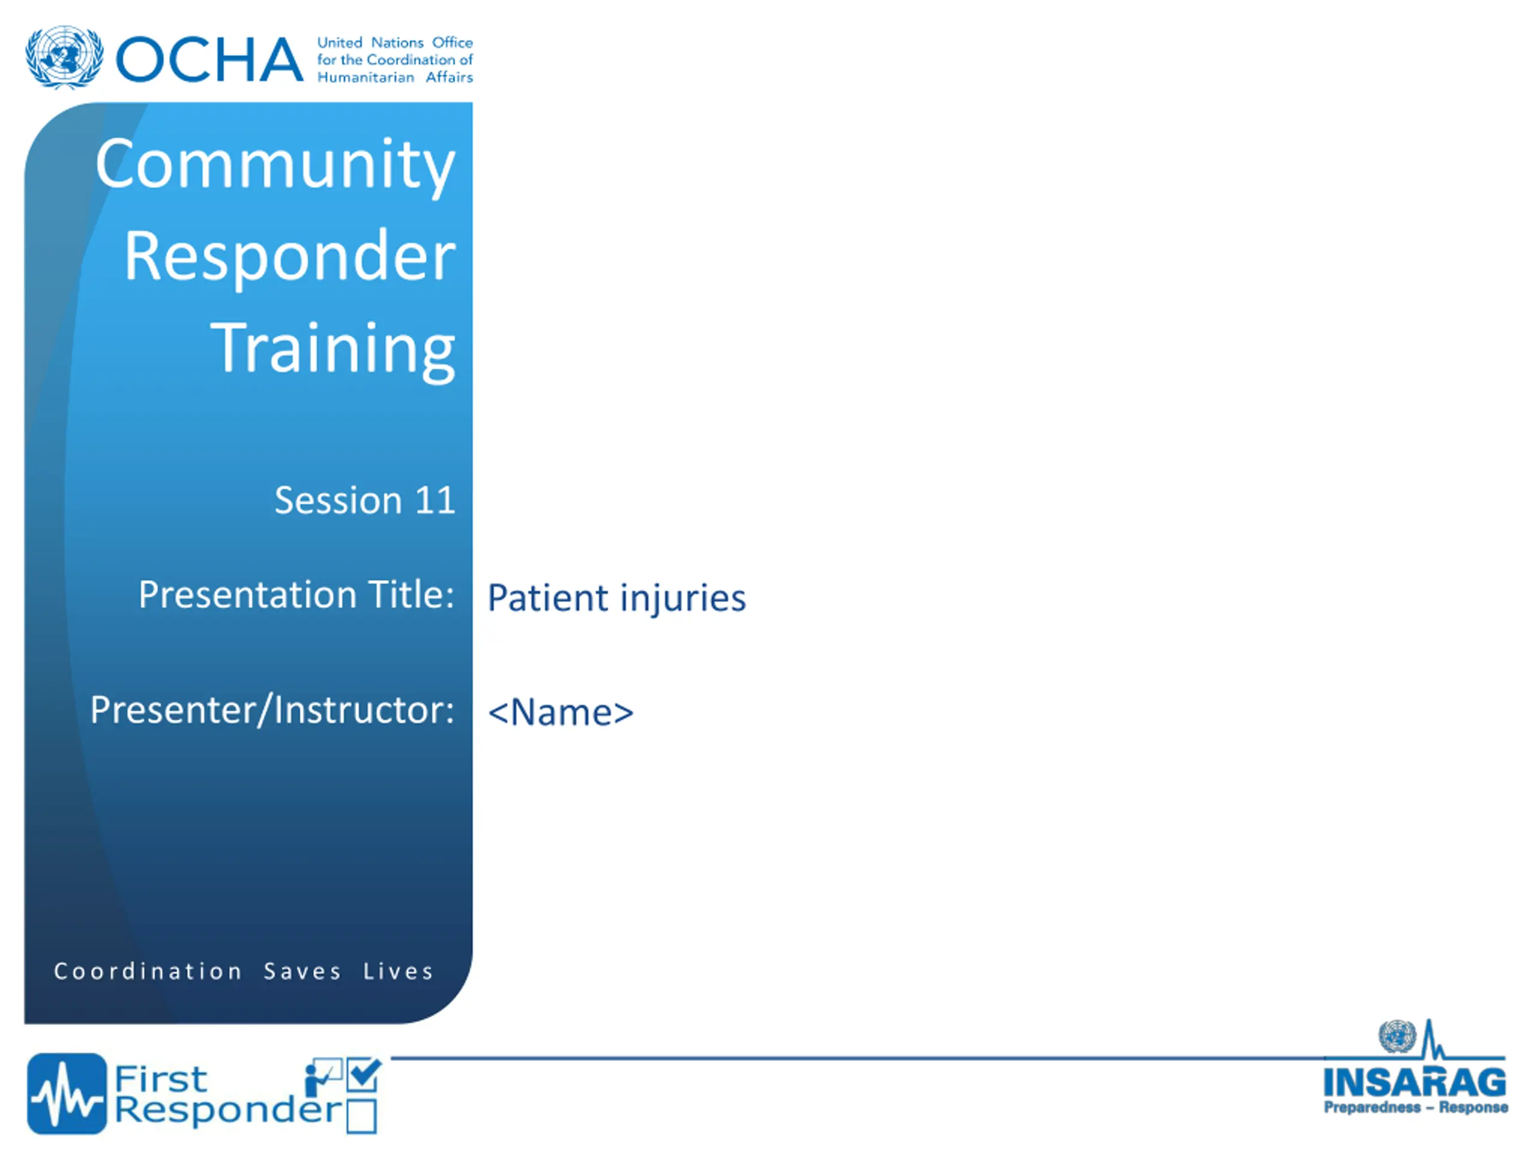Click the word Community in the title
[x=275, y=165]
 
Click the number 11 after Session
[x=435, y=500]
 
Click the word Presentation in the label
[x=248, y=595]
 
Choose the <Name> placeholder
[x=561, y=712]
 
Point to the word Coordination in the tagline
[x=148, y=971]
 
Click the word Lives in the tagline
[x=399, y=971]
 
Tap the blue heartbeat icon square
[x=67, y=1094]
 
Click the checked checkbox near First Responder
[x=363, y=1074]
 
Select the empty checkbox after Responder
[x=361, y=1116]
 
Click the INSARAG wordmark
[x=1415, y=1082]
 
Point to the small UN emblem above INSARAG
[x=1397, y=1037]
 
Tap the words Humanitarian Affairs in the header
[x=394, y=77]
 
